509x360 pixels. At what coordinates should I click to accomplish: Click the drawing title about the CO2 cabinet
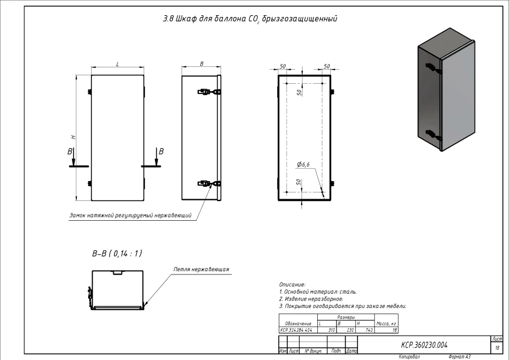(249, 19)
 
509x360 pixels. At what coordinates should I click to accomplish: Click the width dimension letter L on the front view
(118, 64)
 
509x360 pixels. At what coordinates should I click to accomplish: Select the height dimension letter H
(73, 138)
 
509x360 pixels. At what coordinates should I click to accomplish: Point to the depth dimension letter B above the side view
(202, 64)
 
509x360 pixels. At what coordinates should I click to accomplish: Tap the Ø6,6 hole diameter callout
(303, 164)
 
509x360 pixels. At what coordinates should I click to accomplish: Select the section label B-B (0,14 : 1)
(117, 254)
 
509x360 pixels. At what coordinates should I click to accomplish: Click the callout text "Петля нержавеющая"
(201, 269)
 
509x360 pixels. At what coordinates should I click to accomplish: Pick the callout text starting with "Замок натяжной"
(130, 215)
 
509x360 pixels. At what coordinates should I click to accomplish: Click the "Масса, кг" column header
(386, 323)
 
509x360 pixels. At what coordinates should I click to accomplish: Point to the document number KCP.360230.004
(424, 344)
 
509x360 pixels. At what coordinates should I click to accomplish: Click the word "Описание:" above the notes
(292, 284)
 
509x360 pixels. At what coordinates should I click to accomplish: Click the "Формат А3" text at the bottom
(459, 357)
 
